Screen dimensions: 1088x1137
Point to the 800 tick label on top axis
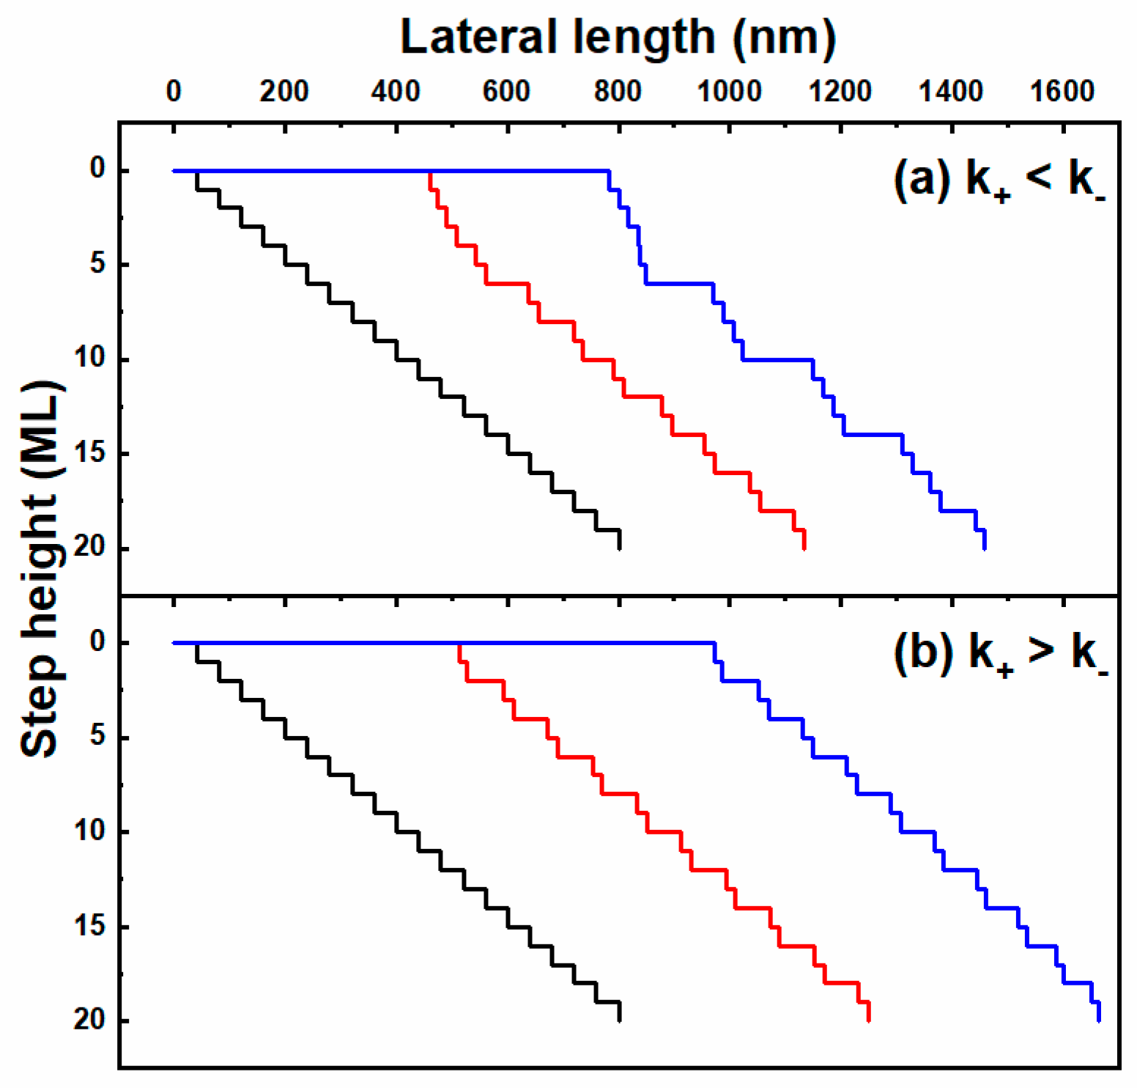point(618,92)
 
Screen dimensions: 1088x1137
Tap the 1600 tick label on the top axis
point(1062,92)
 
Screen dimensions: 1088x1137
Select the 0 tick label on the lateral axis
point(173,92)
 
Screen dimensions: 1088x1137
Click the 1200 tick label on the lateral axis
point(840,92)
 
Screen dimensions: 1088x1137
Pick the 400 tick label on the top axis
point(395,92)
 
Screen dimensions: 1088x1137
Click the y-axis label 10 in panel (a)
point(91,359)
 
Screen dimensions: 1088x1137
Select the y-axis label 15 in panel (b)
point(91,926)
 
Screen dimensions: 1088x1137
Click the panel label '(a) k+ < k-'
point(999,180)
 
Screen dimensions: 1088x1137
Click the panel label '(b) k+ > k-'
point(1000,652)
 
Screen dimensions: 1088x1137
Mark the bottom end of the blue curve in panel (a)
point(984,548)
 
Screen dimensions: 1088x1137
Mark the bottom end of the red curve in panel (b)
point(868,1020)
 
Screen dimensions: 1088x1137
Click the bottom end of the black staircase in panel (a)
point(620,548)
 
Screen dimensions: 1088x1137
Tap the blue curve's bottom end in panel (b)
point(1099,1020)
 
